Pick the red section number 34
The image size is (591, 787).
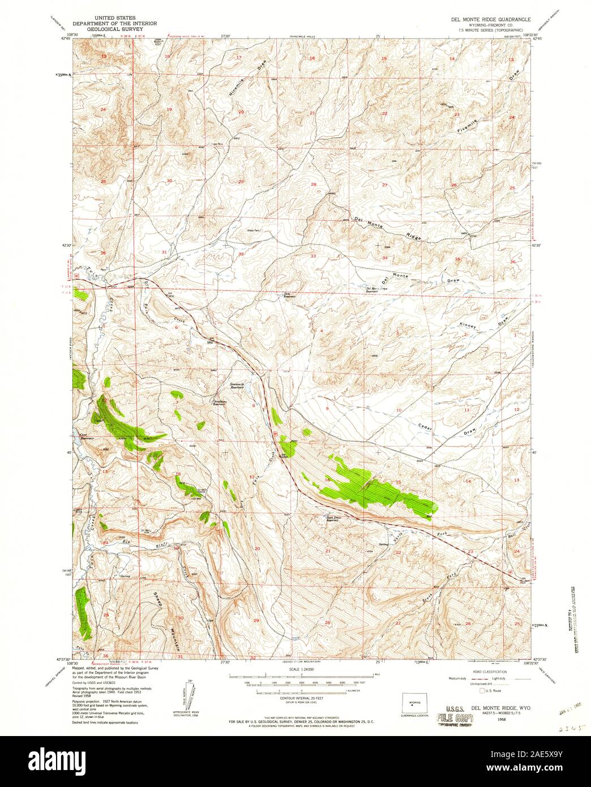coord(385,259)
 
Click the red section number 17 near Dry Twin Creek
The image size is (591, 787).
coord(251,477)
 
